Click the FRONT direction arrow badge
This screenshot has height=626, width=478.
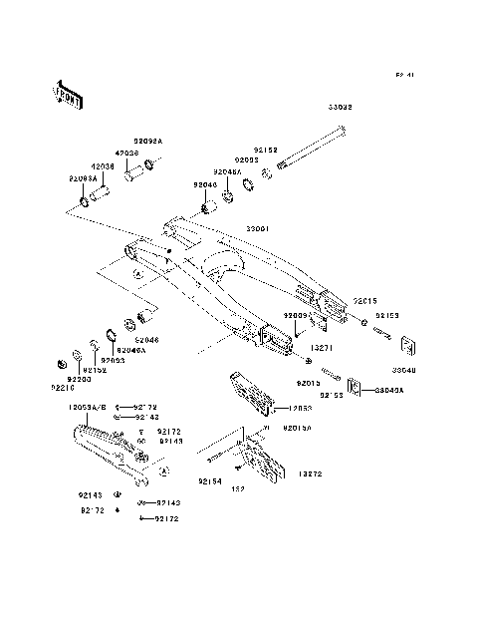click(56, 93)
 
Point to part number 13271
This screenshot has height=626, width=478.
click(320, 350)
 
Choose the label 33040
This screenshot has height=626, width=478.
click(407, 368)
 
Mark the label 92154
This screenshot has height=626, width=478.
click(209, 481)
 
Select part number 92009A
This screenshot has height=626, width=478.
click(297, 314)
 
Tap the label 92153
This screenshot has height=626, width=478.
click(387, 315)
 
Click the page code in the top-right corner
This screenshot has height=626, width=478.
click(403, 74)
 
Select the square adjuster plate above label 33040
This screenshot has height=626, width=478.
click(406, 346)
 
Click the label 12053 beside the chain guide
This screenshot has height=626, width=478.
click(302, 408)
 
